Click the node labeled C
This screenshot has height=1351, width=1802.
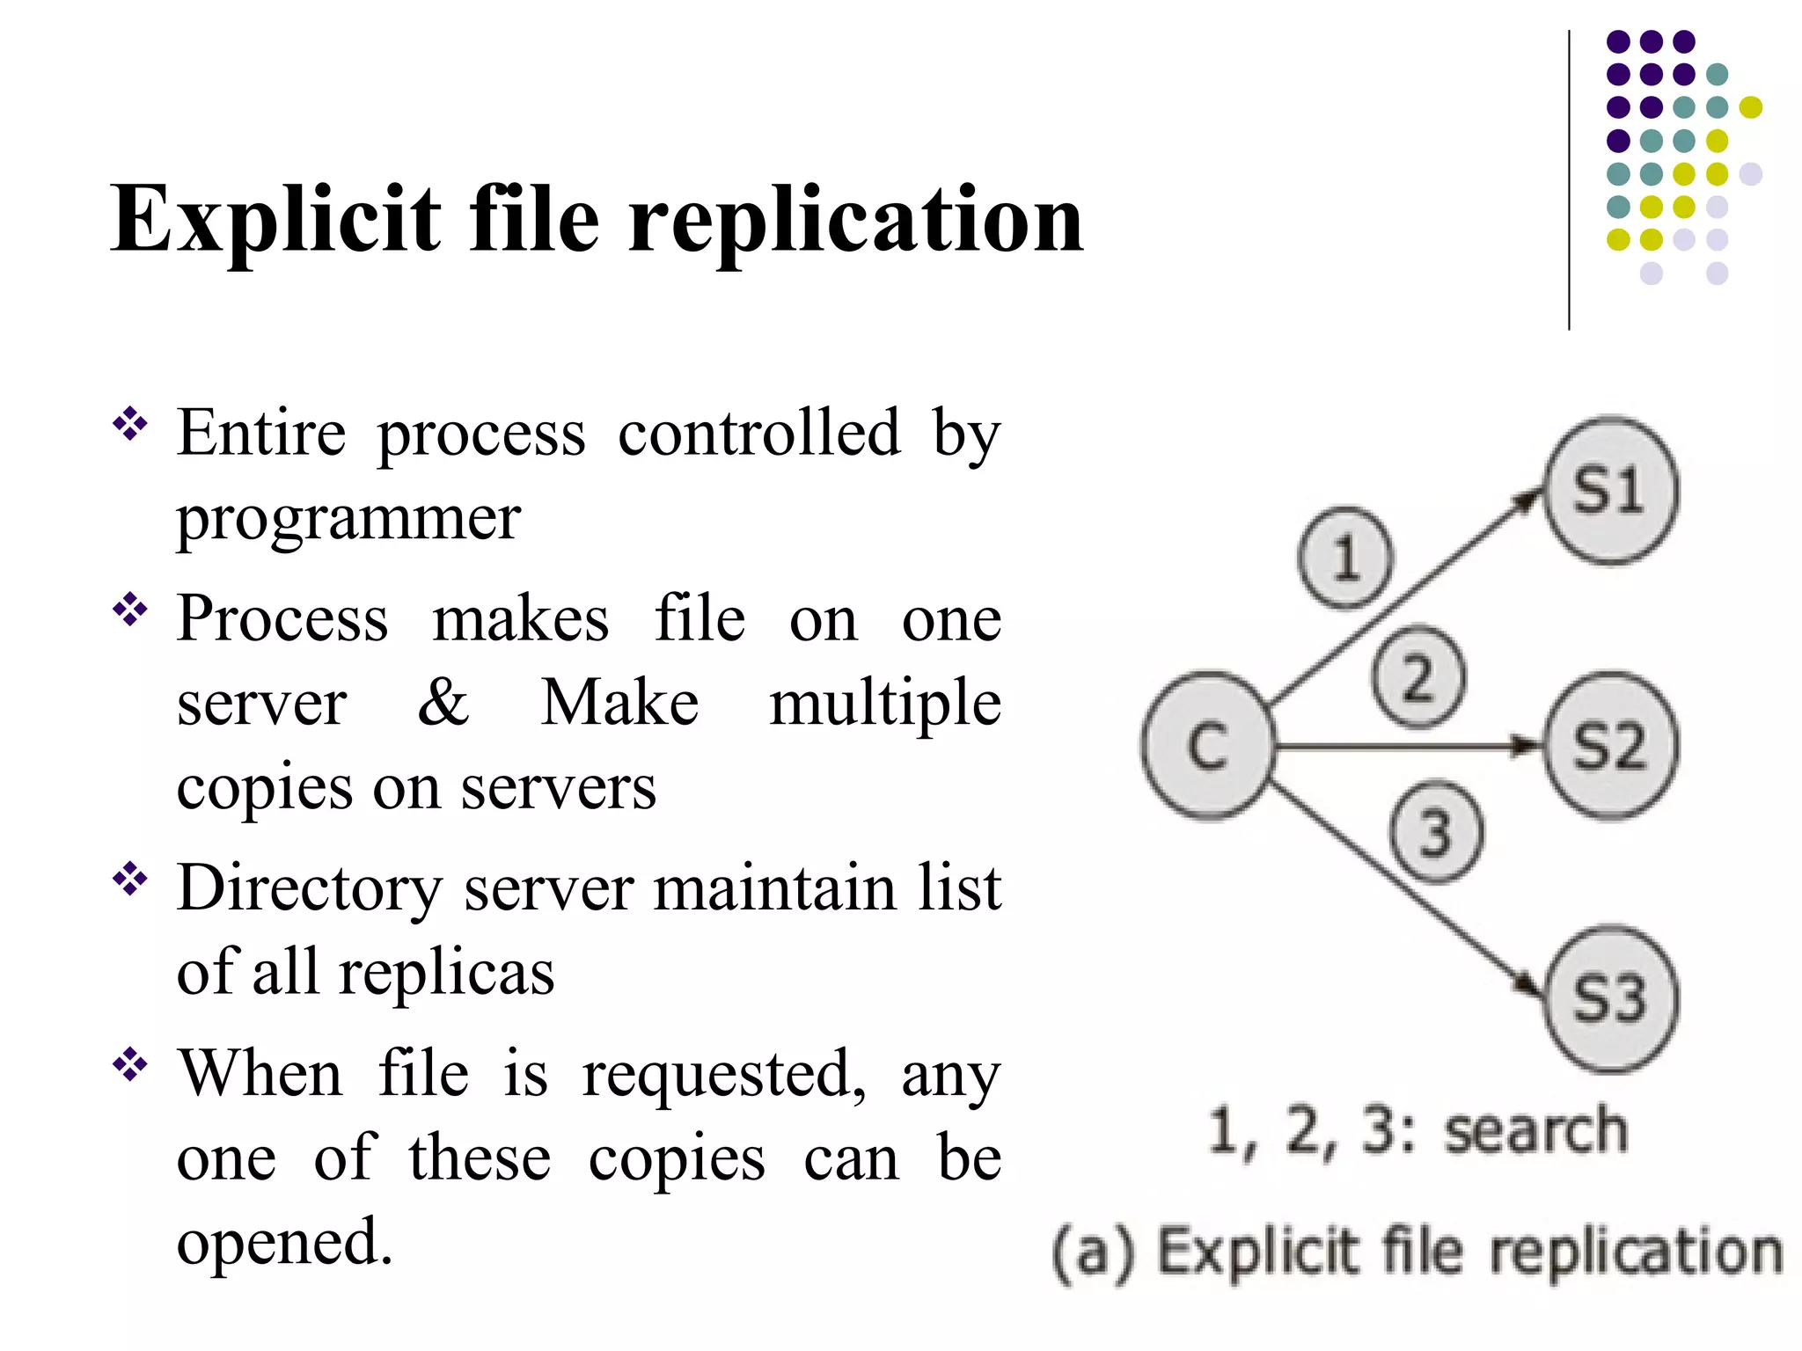[x=1207, y=746]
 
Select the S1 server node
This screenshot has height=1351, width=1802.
[x=1610, y=491]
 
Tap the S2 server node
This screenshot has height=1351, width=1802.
[x=1610, y=746]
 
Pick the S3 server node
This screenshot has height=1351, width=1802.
[x=1610, y=999]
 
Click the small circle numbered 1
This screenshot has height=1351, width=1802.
[x=1345, y=558]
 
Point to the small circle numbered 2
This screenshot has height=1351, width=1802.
[x=1418, y=676]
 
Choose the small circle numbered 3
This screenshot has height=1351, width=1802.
[x=1436, y=831]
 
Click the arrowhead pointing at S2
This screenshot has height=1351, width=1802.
[x=1527, y=746]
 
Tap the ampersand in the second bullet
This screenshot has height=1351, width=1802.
[x=443, y=703]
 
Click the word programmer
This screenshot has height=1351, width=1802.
[x=348, y=519]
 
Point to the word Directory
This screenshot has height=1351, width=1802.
[x=309, y=888]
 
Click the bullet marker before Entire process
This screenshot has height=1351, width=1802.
[x=130, y=424]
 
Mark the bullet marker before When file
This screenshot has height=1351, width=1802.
[x=130, y=1064]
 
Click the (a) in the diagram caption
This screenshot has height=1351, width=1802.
[x=1094, y=1252]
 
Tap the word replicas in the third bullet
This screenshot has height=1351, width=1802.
[x=447, y=973]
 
